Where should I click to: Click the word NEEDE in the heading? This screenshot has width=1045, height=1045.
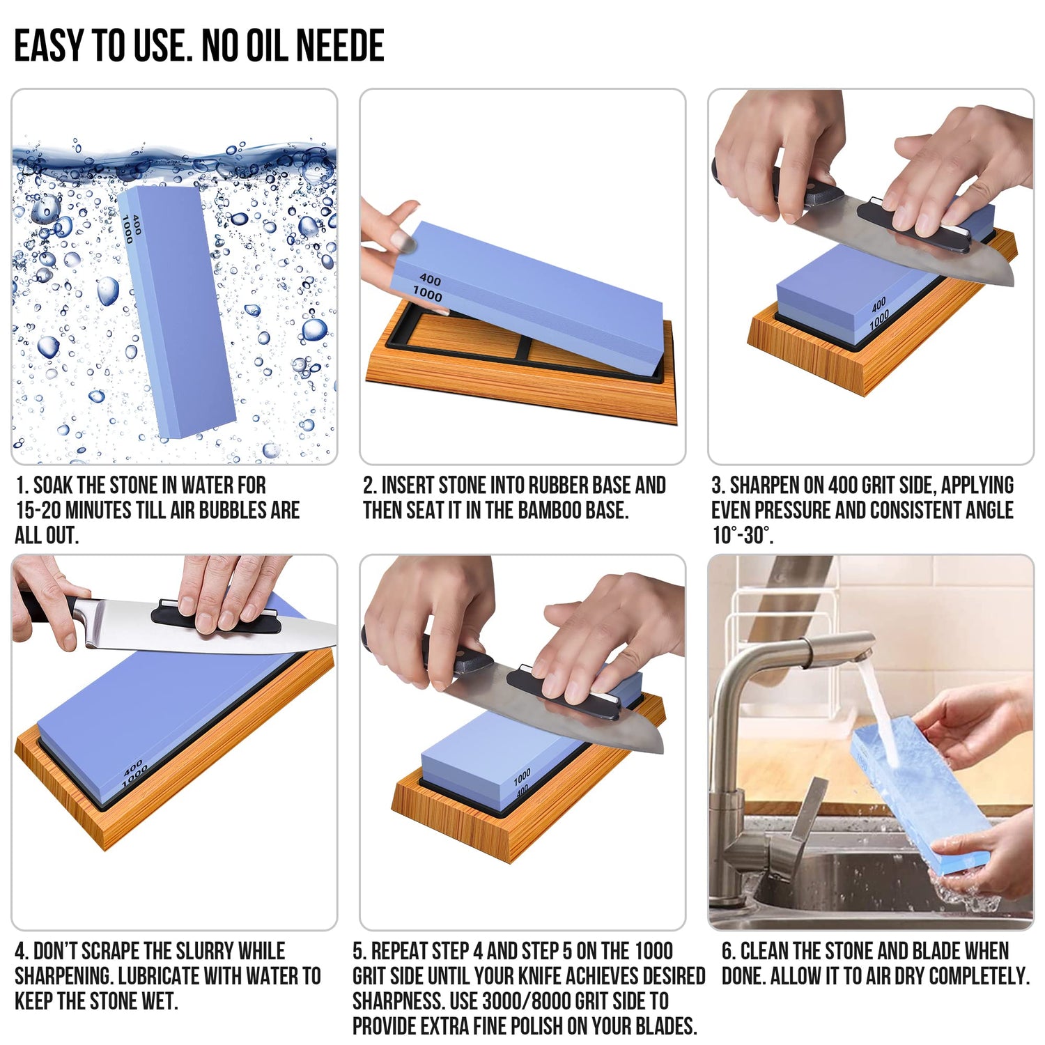339,46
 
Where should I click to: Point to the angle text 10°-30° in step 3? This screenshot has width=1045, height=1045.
741,536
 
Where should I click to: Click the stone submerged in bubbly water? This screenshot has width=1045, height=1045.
178,313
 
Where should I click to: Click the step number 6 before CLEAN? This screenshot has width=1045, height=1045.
727,952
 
